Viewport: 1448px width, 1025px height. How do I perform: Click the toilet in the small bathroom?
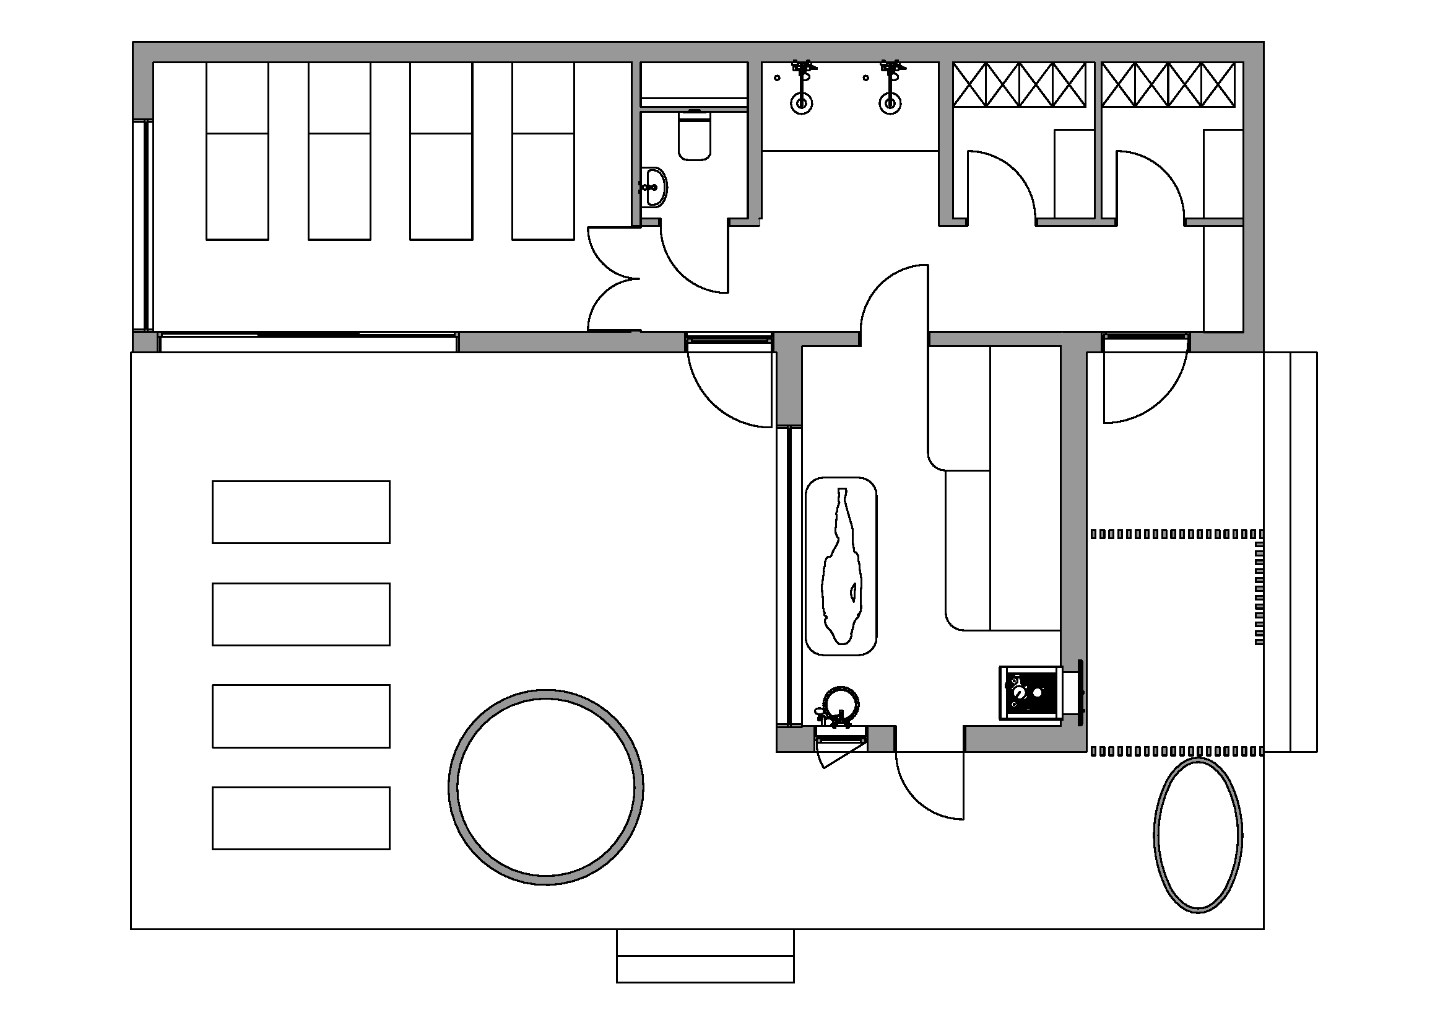click(x=695, y=135)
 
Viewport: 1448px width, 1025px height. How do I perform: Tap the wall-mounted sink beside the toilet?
click(x=654, y=187)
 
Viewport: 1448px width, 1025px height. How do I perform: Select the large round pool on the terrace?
click(x=545, y=787)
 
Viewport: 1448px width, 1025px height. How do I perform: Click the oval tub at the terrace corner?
click(x=1198, y=835)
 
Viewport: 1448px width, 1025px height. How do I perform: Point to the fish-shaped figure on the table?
click(x=841, y=566)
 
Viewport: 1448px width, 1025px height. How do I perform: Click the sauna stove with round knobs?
click(x=1032, y=692)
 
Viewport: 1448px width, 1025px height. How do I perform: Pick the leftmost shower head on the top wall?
click(x=803, y=69)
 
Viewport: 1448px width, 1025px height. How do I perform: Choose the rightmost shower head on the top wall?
click(x=891, y=69)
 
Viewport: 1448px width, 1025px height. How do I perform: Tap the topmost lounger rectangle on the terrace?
click(x=301, y=512)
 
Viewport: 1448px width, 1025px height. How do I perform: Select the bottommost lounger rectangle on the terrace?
click(x=301, y=818)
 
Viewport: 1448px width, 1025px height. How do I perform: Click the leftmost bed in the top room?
click(x=238, y=151)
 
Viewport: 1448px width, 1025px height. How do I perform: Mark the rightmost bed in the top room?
click(x=543, y=151)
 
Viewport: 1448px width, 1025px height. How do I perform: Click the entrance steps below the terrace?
click(x=705, y=956)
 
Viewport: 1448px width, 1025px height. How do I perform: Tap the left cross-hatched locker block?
click(x=1020, y=84)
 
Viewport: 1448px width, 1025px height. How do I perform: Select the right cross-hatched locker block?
click(x=1169, y=84)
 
